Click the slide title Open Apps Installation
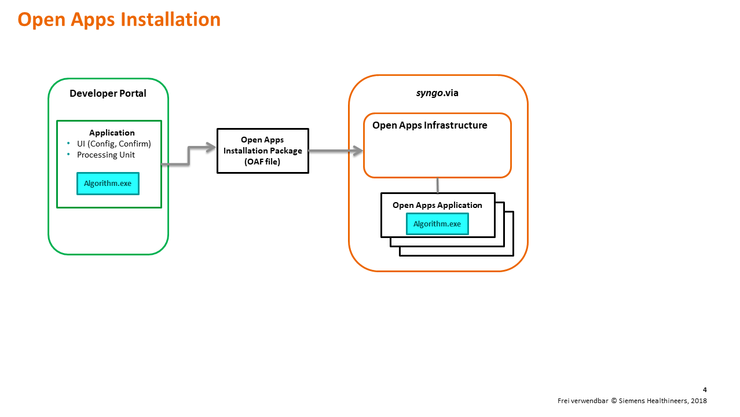119,20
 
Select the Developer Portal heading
108,93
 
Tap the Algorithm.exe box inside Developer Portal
108,184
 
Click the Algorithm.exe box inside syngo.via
437,224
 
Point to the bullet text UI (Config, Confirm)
113,144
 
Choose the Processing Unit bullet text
106,155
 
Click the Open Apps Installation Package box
263,151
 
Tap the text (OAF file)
263,162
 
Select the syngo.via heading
437,93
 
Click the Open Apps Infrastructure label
430,125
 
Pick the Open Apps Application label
437,205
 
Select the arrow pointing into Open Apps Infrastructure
336,151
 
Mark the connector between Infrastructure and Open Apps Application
437,185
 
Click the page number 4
705,390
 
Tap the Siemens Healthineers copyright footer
632,401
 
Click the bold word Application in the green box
112,133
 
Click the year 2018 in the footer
698,401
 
